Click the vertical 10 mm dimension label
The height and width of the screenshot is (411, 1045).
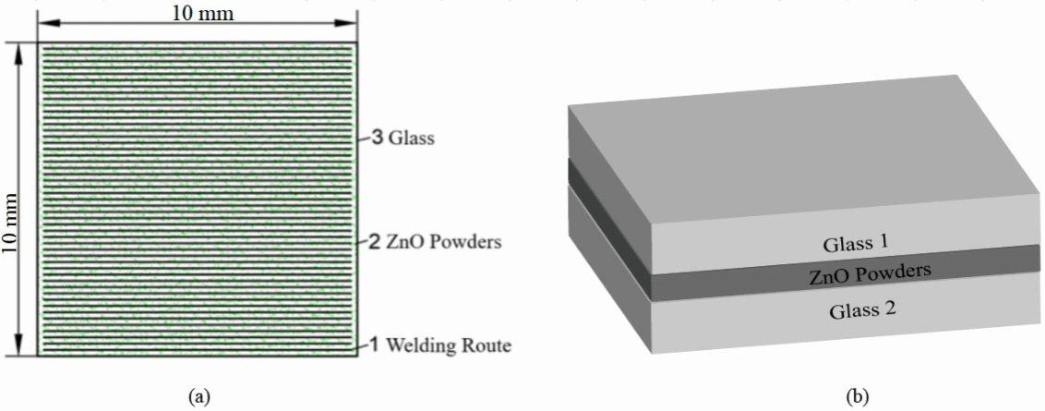[13, 198]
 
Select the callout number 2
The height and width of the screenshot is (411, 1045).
[376, 243]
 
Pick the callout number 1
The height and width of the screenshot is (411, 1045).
[376, 345]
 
